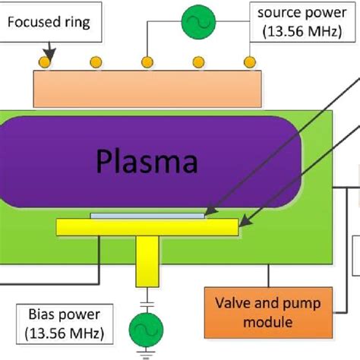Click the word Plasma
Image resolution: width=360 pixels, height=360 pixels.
click(147, 162)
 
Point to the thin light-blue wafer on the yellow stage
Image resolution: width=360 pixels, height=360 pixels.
click(147, 216)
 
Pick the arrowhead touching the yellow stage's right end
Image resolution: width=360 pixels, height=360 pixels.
click(242, 224)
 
